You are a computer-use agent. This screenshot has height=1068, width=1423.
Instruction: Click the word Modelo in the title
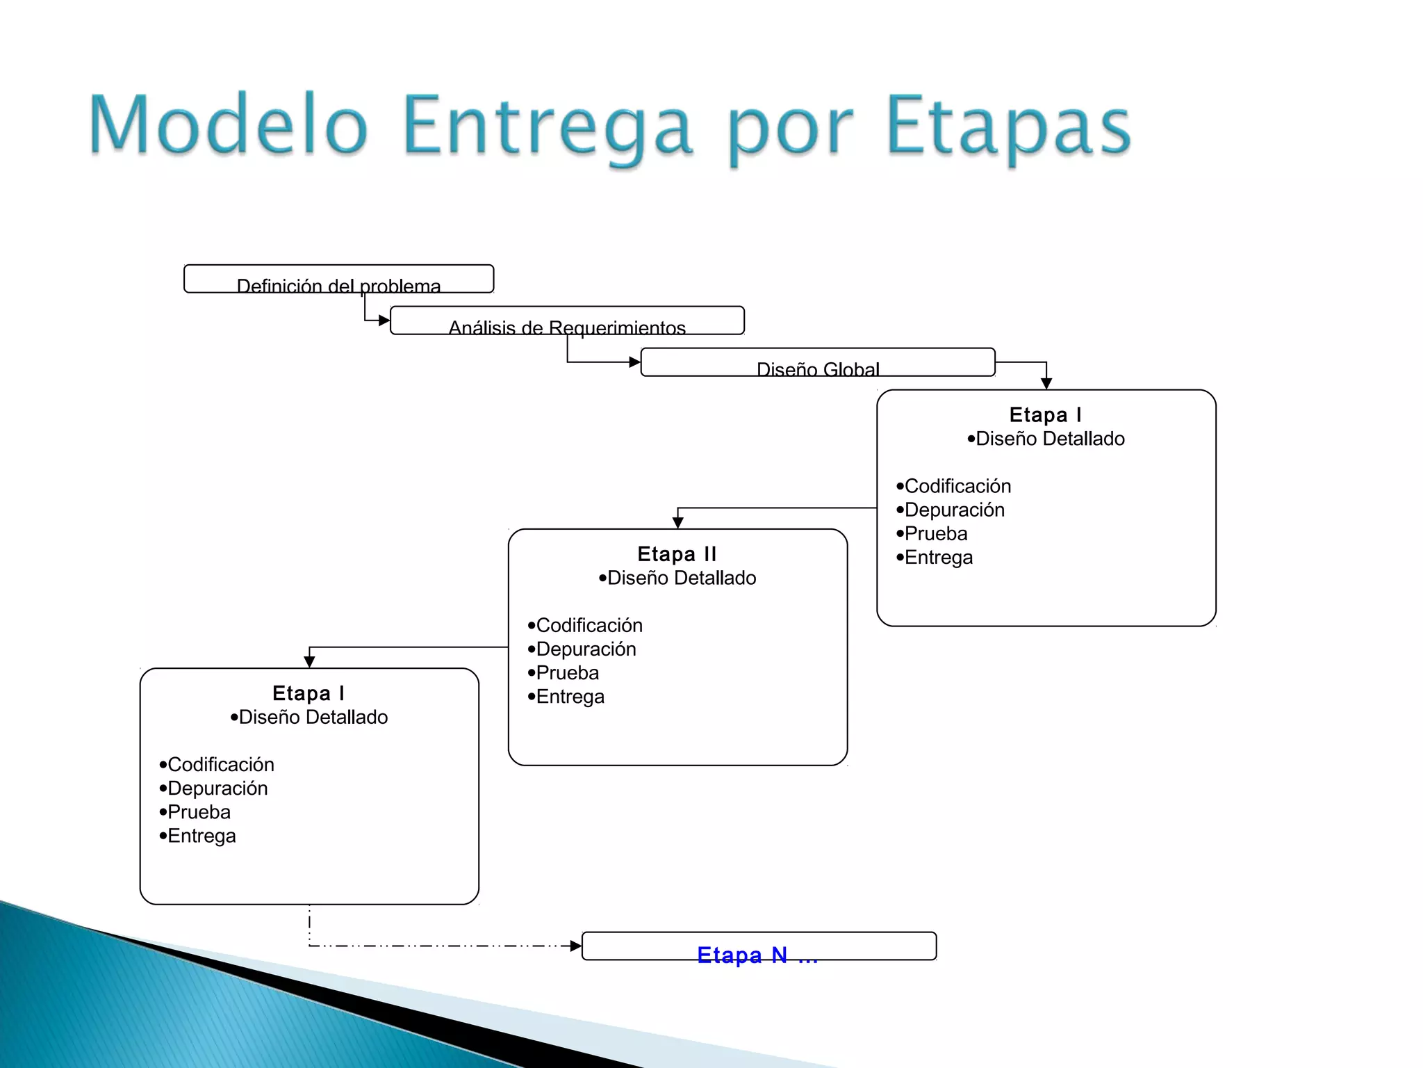tap(228, 125)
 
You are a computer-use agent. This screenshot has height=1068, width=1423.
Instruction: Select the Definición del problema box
tap(338, 280)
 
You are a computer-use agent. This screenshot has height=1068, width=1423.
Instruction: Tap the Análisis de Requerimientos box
tap(567, 321)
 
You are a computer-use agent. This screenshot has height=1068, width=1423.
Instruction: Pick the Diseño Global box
tap(818, 363)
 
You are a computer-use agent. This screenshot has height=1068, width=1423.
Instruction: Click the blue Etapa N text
tap(757, 955)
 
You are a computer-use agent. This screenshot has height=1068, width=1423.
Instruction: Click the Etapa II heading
tap(677, 554)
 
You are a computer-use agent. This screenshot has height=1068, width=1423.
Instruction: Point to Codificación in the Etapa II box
tap(589, 625)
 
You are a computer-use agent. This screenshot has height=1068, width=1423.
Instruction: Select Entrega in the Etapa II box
tap(570, 697)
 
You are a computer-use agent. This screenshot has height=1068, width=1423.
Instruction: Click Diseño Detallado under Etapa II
tap(681, 578)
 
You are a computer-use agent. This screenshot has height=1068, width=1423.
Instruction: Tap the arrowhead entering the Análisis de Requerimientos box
tap(384, 321)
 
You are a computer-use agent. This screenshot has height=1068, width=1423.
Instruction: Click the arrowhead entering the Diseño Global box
tap(634, 362)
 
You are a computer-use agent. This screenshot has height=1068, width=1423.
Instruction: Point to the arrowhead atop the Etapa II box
tap(678, 522)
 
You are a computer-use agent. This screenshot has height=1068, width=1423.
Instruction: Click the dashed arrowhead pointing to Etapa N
tap(575, 946)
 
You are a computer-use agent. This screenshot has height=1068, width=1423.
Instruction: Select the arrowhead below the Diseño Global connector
tap(1046, 383)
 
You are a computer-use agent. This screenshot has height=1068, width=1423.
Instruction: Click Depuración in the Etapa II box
tap(586, 649)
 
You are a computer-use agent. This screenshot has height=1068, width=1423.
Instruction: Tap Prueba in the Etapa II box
tap(567, 673)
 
